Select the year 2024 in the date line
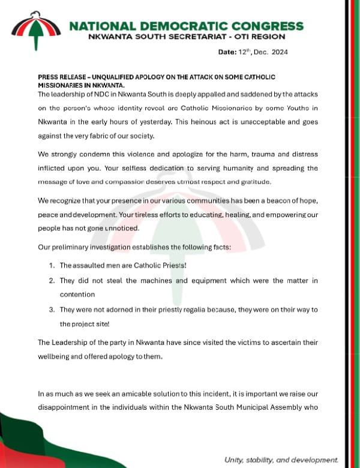(x=279, y=52)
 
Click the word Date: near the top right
(x=227, y=52)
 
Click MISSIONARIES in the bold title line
(x=62, y=86)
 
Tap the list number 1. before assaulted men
(x=52, y=265)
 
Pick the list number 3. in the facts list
(x=52, y=309)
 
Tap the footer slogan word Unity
(x=235, y=459)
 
